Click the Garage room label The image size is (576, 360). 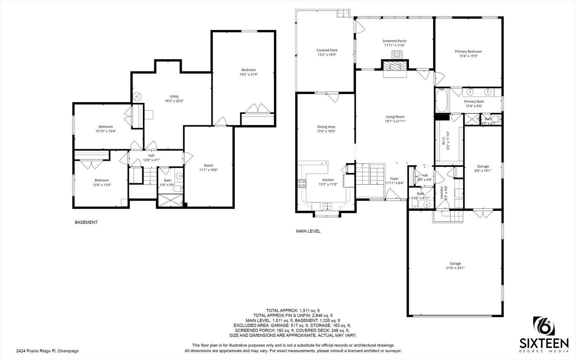pyautogui.click(x=455, y=263)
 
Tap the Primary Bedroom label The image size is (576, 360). pyautogui.click(x=468, y=52)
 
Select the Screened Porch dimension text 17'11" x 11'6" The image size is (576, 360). pyautogui.click(x=394, y=45)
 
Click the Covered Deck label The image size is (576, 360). pyautogui.click(x=327, y=50)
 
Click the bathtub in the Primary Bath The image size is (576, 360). pyautogui.click(x=441, y=100)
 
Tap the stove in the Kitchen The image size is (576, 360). pyautogui.click(x=301, y=183)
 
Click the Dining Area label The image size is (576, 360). pyautogui.click(x=326, y=127)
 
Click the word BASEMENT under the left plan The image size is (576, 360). pyautogui.click(x=86, y=222)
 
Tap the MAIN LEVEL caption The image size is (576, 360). pyautogui.click(x=308, y=231)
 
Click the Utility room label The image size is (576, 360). pyautogui.click(x=174, y=97)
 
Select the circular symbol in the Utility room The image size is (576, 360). pyautogui.click(x=137, y=97)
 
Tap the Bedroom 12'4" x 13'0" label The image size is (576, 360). pyautogui.click(x=102, y=180)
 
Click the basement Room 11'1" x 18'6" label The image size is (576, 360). pyautogui.click(x=208, y=165)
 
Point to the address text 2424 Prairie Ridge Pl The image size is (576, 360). pyautogui.click(x=47, y=351)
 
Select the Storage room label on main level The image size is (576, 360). pyautogui.click(x=483, y=166)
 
